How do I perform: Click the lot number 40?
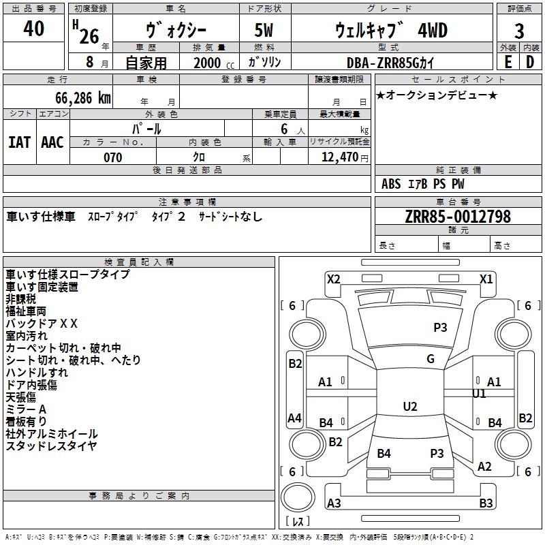[x=33, y=28]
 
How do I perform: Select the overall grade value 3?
[x=519, y=31]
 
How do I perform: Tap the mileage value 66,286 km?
[x=82, y=98]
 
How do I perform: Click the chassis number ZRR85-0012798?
[x=458, y=216]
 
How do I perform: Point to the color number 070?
[x=113, y=157]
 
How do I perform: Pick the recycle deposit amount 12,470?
[x=339, y=157]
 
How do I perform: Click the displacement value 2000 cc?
[x=214, y=63]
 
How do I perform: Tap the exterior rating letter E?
[x=508, y=62]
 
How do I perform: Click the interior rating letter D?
[x=530, y=62]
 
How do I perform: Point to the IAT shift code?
[x=19, y=142]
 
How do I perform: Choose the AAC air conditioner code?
[x=52, y=142]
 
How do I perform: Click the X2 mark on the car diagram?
[x=333, y=279]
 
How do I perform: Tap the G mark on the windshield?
[x=431, y=359]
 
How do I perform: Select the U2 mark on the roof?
[x=410, y=406]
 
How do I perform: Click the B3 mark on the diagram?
[x=486, y=503]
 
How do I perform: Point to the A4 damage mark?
[x=294, y=418]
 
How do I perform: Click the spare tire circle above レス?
[x=298, y=497]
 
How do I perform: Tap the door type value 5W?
[x=264, y=30]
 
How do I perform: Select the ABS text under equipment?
[x=391, y=184]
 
